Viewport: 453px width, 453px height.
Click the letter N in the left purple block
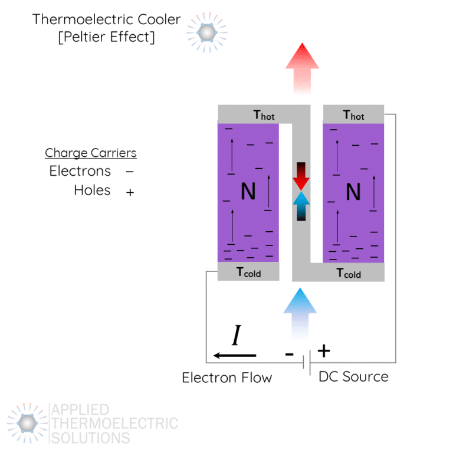[248, 192]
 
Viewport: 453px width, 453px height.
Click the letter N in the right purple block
[353, 192]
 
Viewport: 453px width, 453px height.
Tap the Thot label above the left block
[264, 115]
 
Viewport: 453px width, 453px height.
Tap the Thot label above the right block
[353, 115]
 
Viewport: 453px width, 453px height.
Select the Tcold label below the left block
[248, 273]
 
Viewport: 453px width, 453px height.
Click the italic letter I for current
[236, 336]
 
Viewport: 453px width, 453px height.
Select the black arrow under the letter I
[235, 355]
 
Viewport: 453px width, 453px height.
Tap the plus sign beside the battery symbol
[324, 351]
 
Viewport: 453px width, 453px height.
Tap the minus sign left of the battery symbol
[289, 354]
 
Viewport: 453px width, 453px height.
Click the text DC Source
[353, 376]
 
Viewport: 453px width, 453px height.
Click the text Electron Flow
[226, 377]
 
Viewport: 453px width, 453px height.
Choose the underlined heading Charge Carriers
[91, 153]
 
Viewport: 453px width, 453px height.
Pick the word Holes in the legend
[92, 190]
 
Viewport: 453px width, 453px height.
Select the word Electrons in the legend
[80, 171]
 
